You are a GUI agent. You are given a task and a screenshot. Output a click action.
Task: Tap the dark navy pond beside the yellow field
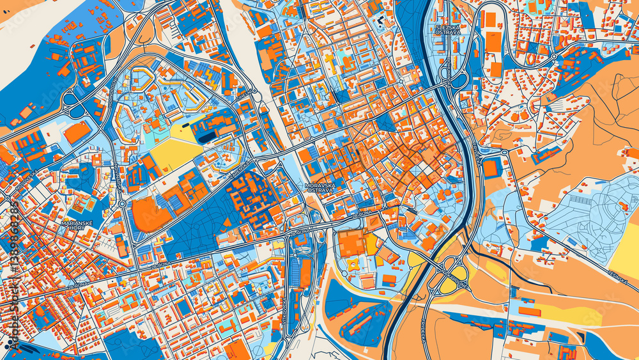pyautogui.click(x=206, y=136)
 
